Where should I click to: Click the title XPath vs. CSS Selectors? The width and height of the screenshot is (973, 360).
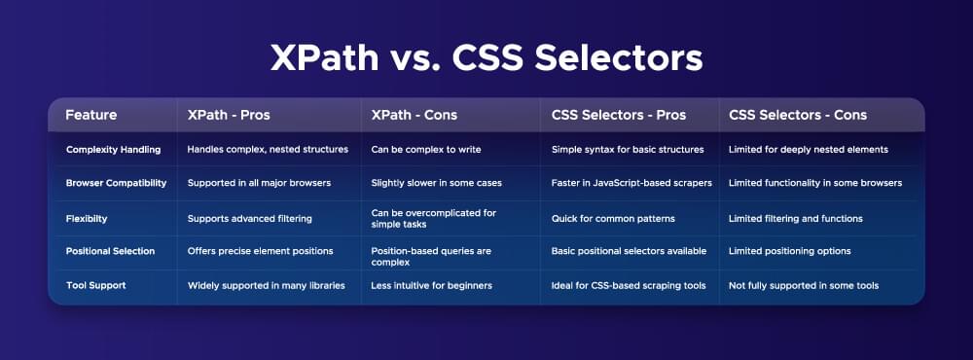pos(486,58)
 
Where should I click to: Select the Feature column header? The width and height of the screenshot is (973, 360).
pos(91,115)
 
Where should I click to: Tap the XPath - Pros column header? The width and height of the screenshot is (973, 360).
pos(229,115)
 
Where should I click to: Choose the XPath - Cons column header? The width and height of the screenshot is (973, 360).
pos(414,115)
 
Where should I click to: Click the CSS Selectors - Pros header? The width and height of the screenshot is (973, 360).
pos(619,115)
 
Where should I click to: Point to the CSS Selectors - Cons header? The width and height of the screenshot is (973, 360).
pos(798,115)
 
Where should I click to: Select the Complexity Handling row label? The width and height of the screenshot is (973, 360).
pos(114,150)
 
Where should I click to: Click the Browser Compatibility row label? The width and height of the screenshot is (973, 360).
pos(116,183)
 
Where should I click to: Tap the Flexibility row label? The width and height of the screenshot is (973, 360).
pos(87,219)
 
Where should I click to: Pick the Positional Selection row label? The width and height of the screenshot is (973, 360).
pos(111,251)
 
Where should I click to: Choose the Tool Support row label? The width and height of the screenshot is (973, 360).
pos(96,285)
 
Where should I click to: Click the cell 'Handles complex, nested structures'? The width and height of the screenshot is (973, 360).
pos(268,150)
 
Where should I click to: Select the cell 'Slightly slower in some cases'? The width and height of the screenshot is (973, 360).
pos(436,183)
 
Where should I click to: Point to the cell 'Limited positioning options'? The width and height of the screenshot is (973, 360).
pos(789,251)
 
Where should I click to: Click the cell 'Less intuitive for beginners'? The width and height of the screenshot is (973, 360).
pos(431,285)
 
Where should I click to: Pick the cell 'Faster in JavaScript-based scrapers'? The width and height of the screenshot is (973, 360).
pos(631,183)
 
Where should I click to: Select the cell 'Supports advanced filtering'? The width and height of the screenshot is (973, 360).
pos(249,219)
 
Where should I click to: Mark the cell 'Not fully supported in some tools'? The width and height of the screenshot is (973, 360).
pos(804,285)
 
